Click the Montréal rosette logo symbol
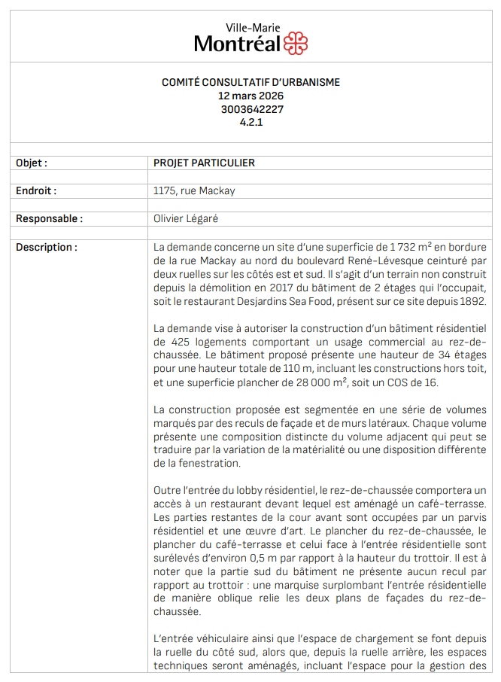click(x=296, y=44)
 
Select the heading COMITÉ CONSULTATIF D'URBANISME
click(x=251, y=83)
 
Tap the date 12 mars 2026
click(x=251, y=96)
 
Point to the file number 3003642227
click(x=251, y=108)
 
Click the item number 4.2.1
click(x=251, y=121)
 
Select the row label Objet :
click(x=32, y=163)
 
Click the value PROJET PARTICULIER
click(x=204, y=163)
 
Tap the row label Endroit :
click(x=36, y=191)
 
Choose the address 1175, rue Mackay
click(x=194, y=191)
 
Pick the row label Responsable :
click(x=49, y=219)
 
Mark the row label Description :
click(x=46, y=247)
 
